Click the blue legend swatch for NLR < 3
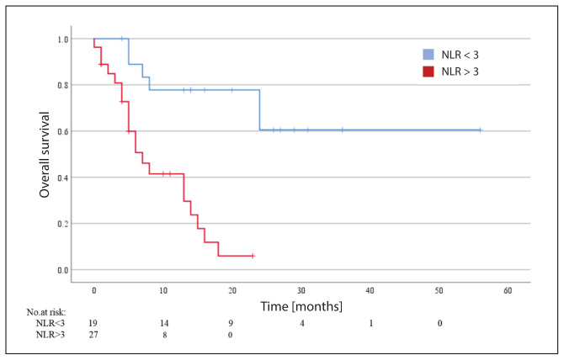point(428,54)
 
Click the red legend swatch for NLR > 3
point(428,71)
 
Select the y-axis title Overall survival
point(45,155)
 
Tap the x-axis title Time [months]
point(301,306)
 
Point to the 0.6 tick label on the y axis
point(63,131)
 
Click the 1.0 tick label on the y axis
point(63,40)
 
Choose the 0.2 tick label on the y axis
point(63,224)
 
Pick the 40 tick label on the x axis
point(370,290)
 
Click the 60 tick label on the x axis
point(508,290)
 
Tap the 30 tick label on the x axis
point(301,290)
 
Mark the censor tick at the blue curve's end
point(480,130)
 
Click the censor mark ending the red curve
point(253,256)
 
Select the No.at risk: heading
point(46,312)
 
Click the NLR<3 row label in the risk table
point(51,323)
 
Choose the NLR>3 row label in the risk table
point(51,335)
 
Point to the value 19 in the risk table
point(93,323)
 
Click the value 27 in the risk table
point(93,335)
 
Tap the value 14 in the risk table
point(164,323)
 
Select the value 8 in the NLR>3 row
point(165,335)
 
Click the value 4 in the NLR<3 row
point(302,323)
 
